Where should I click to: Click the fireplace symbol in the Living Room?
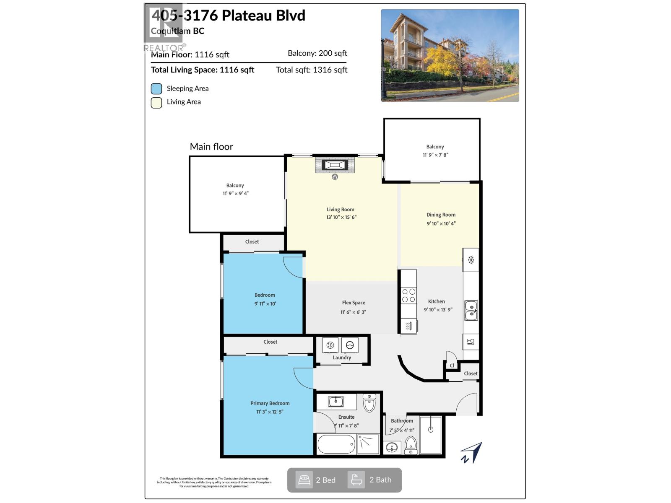[x=335, y=165]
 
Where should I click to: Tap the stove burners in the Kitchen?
[x=408, y=296]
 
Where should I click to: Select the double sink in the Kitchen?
[x=471, y=310]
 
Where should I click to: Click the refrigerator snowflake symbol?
[x=471, y=260]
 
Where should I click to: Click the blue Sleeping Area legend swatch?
[x=156, y=89]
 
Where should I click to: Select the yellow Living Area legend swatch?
[x=156, y=103]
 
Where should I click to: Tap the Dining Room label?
[x=441, y=215]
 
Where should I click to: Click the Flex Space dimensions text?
[x=353, y=312]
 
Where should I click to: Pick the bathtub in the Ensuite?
[x=336, y=444]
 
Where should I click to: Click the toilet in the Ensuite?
[x=369, y=403]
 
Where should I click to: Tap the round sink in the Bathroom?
[x=392, y=448]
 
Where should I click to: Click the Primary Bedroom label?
[x=270, y=403]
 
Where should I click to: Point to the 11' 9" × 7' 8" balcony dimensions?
[x=435, y=155]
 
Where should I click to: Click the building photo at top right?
[x=450, y=55]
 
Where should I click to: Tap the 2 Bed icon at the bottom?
[x=304, y=480]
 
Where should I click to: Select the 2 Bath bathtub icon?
[x=356, y=480]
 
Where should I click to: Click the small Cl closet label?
[x=452, y=366]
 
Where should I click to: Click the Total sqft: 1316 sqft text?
[x=311, y=70]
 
